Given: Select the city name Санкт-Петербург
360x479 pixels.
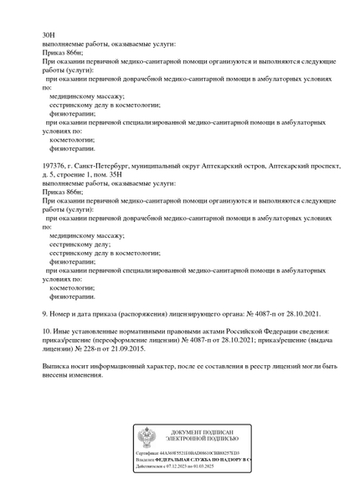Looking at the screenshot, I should pos(109,167).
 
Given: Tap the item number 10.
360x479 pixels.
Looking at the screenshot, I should pos(47,332).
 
